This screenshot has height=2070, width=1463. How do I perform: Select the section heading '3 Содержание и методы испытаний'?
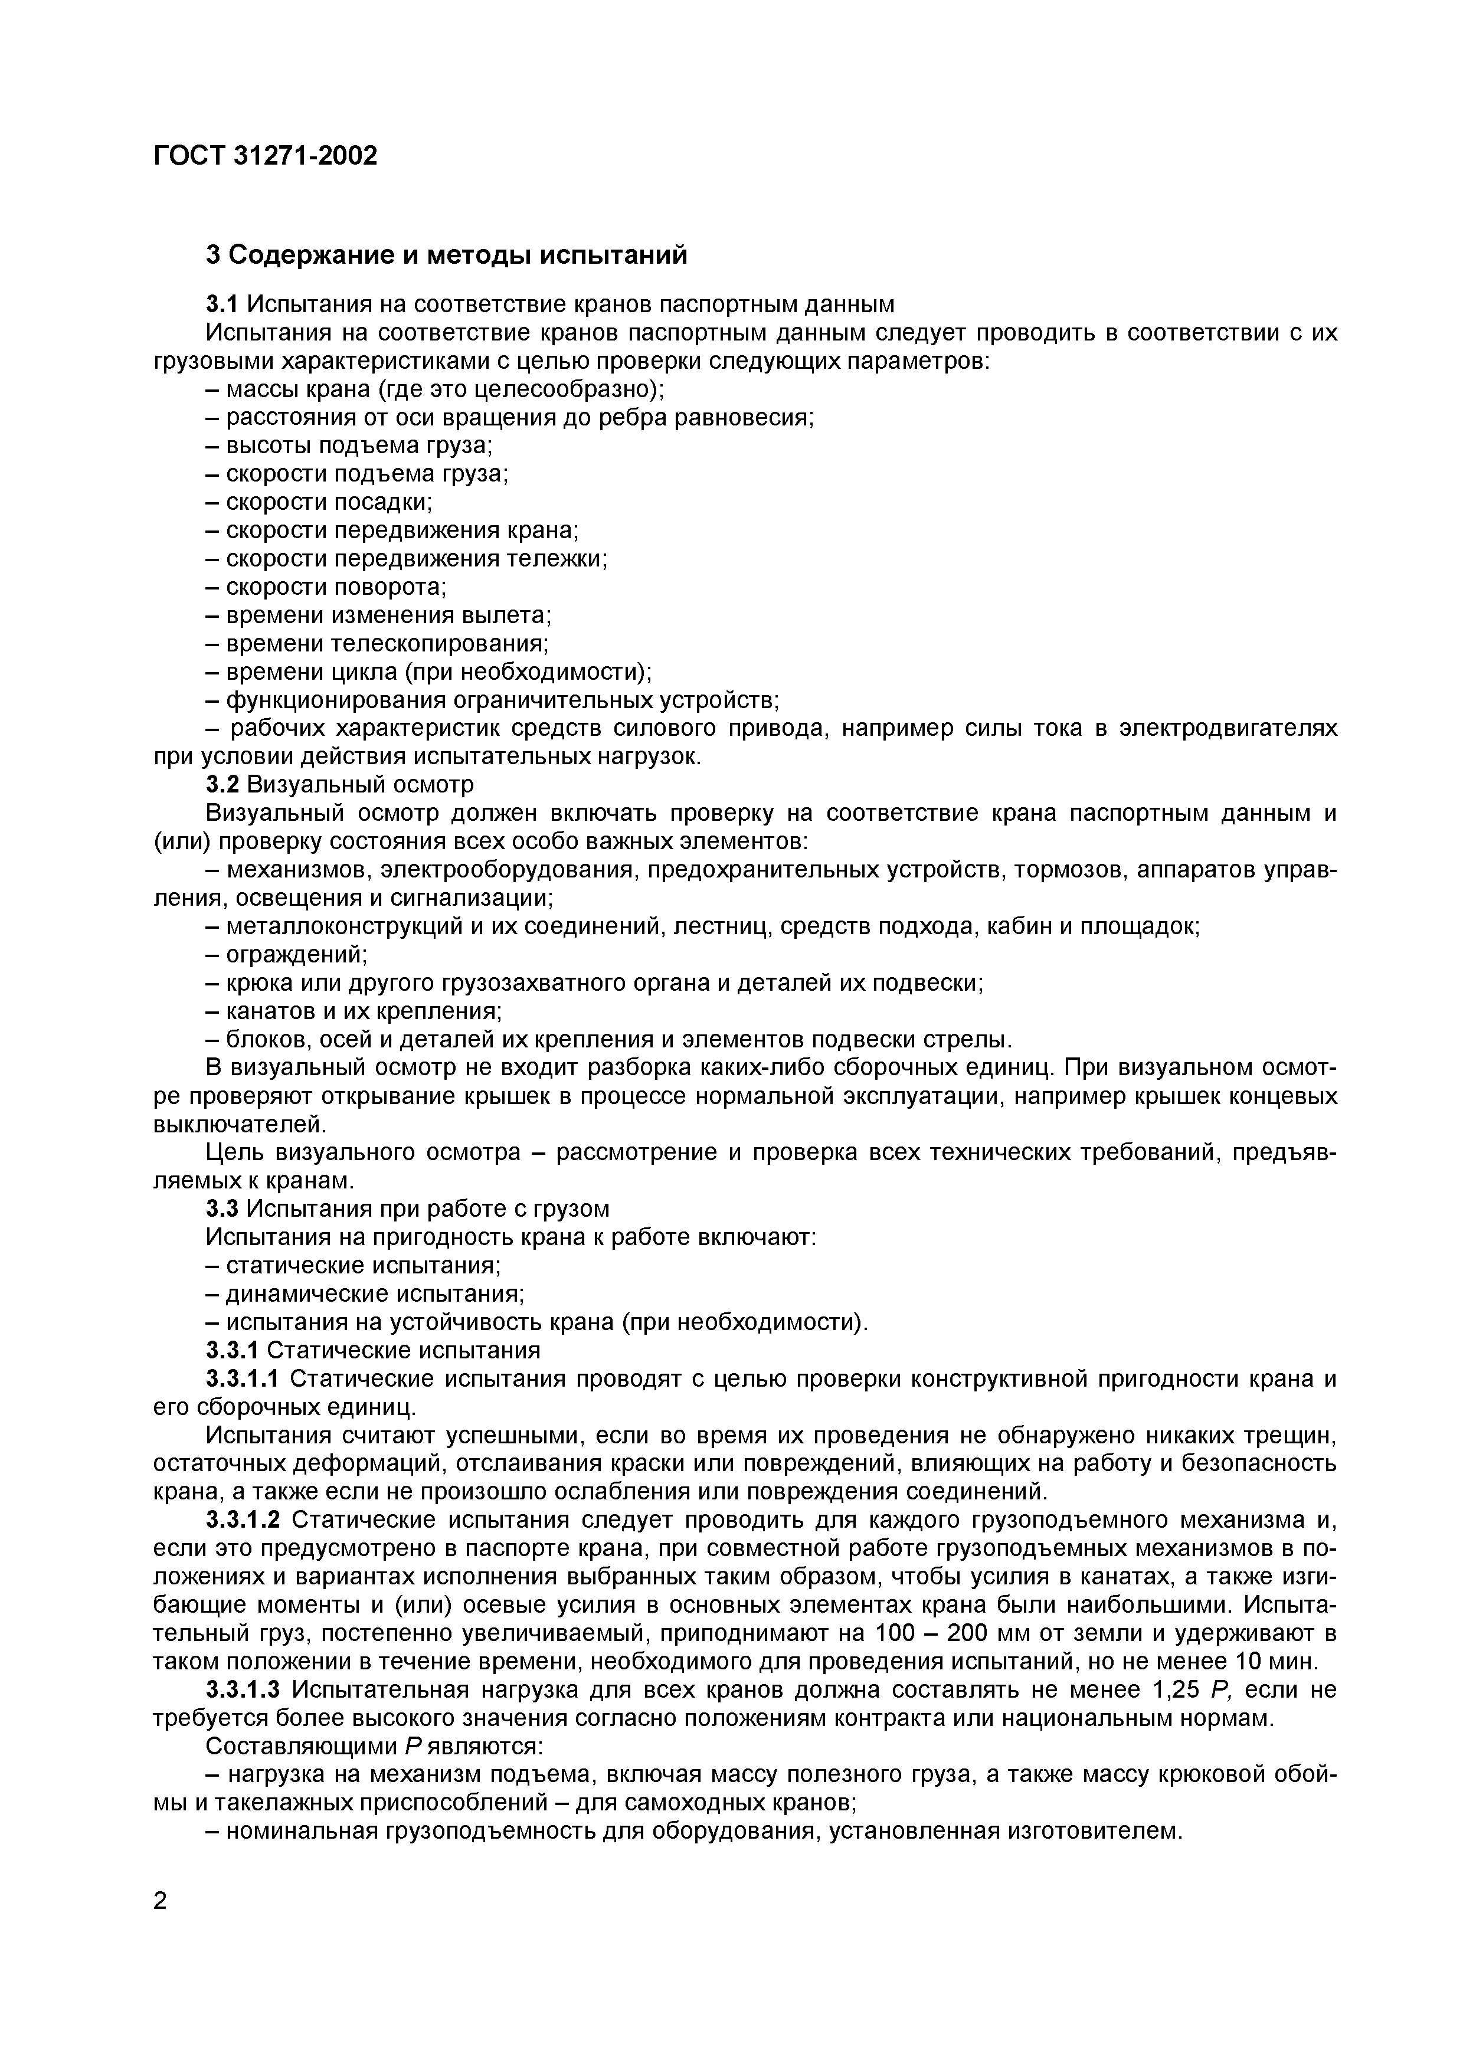point(446,255)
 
